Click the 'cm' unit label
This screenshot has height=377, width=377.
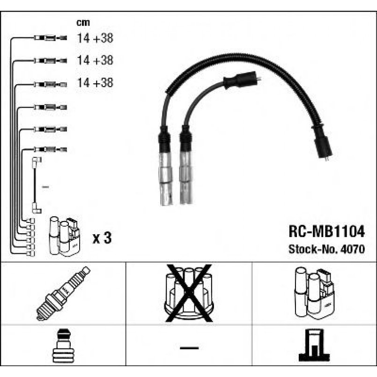83,22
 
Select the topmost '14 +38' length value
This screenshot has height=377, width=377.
95,38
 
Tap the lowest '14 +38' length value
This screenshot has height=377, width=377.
95,83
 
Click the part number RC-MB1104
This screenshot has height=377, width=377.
325,232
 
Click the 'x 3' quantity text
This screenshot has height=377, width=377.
102,238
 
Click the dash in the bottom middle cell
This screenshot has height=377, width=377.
189,348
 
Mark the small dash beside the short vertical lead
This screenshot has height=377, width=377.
45,187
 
